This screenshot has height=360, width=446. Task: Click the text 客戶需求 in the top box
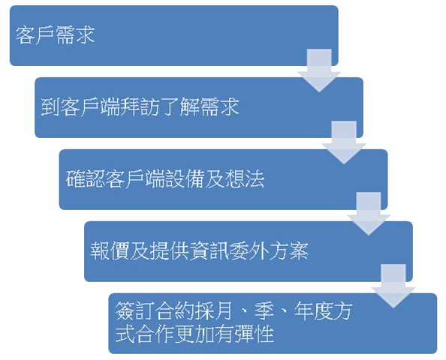55,35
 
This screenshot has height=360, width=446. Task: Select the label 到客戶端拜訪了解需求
140,107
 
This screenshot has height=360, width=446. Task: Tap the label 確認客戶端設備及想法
165,179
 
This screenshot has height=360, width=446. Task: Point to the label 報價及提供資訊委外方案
199,251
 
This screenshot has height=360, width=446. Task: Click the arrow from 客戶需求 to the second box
319,70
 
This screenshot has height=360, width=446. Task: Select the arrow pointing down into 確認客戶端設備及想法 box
344,142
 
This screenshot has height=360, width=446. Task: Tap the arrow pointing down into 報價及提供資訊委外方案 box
369,214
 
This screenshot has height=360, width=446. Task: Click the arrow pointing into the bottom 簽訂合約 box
393,286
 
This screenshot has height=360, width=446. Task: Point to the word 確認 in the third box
86,179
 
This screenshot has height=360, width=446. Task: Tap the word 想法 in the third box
245,179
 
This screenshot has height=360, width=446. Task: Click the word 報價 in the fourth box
110,251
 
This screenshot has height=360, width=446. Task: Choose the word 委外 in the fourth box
249,251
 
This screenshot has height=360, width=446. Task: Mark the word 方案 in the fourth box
289,251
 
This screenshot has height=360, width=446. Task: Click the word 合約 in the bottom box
174,310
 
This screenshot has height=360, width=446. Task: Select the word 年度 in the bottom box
313,310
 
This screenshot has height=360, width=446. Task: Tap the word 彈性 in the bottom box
254,333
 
